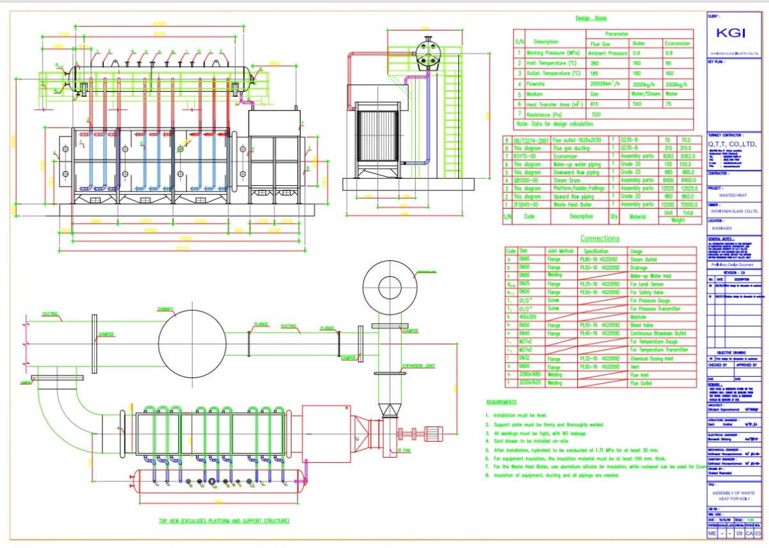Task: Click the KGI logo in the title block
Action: [x=731, y=34]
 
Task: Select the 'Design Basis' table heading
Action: [x=590, y=19]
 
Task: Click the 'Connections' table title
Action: [x=600, y=238]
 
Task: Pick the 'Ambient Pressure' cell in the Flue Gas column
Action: [x=608, y=53]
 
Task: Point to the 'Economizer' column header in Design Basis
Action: [x=677, y=44]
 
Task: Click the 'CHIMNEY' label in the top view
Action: [x=165, y=309]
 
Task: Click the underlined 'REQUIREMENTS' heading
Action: [x=501, y=402]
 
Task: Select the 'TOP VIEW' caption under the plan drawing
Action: [x=224, y=520]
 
